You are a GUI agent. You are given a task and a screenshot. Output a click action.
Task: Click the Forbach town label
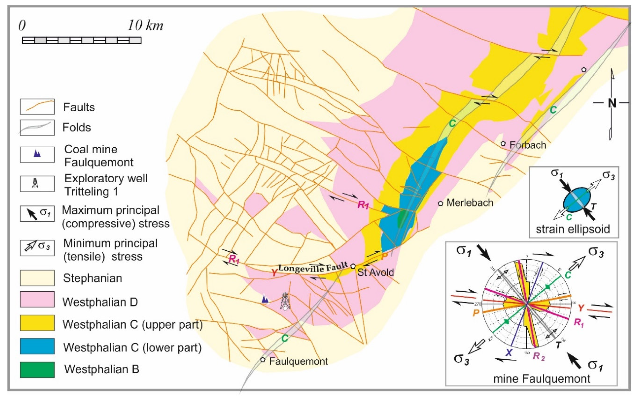(x=527, y=145)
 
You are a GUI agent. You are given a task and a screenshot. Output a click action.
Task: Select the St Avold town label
(x=376, y=272)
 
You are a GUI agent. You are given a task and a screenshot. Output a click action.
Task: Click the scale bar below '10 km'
(x=82, y=40)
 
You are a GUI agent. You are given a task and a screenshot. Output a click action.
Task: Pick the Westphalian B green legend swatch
(x=37, y=370)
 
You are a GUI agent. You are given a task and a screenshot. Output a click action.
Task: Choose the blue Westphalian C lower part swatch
(x=37, y=346)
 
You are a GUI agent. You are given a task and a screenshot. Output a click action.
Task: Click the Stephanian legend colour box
(x=37, y=278)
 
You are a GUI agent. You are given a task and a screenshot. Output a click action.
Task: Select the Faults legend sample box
(x=37, y=107)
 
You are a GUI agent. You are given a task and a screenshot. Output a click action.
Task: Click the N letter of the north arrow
(x=612, y=103)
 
